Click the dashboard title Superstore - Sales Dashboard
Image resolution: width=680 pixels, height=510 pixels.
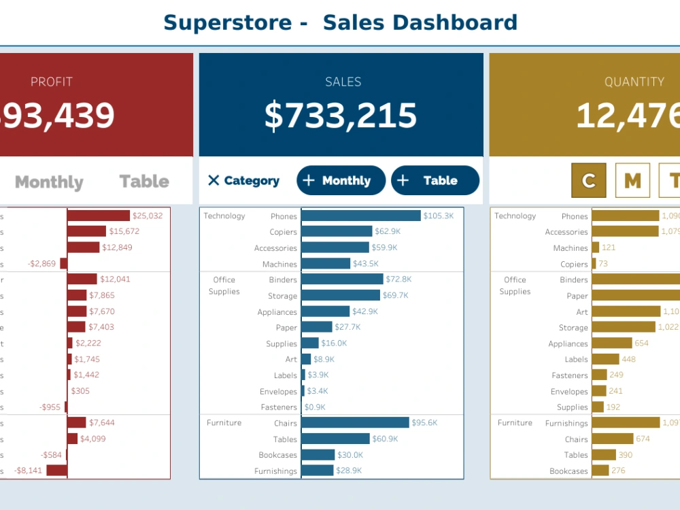(340, 22)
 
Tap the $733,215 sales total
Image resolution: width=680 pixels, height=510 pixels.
(340, 116)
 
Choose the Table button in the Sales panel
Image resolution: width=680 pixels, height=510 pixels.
(435, 181)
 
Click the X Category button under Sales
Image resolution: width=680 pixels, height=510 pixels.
(243, 181)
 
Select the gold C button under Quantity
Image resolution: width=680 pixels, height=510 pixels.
(589, 181)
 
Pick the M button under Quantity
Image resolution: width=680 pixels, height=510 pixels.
(632, 181)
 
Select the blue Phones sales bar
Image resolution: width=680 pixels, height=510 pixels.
(360, 216)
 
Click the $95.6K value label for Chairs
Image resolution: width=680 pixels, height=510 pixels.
(425, 423)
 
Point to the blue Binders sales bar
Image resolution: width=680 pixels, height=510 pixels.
(342, 279)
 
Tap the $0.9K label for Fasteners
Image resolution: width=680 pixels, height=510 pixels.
(315, 407)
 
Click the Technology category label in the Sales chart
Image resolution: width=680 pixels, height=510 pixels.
(224, 216)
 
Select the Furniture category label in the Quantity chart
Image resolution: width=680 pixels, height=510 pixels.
(515, 423)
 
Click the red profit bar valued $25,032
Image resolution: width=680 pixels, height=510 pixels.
(98, 216)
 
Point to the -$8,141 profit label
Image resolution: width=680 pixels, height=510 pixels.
(28, 471)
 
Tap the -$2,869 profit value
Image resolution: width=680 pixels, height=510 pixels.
(42, 264)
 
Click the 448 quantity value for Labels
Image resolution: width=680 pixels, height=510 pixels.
(628, 359)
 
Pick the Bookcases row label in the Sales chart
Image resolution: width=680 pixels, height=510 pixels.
(277, 455)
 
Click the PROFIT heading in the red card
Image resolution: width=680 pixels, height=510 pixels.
(52, 82)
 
